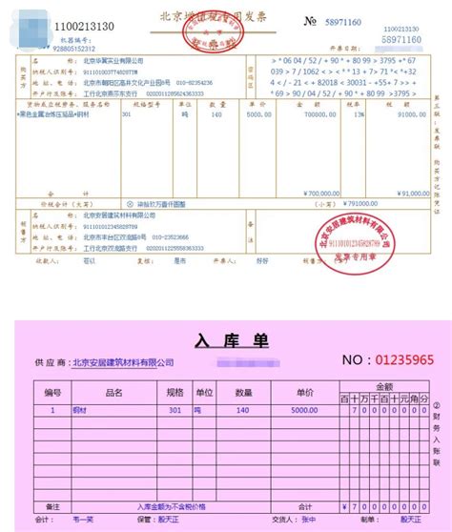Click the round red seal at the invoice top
click(x=225, y=32)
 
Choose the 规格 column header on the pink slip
click(x=174, y=392)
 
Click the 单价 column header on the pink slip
click(x=304, y=392)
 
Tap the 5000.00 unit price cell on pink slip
click(x=304, y=410)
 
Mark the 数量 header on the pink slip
click(x=243, y=392)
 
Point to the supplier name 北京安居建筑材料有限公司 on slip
click(x=124, y=363)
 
